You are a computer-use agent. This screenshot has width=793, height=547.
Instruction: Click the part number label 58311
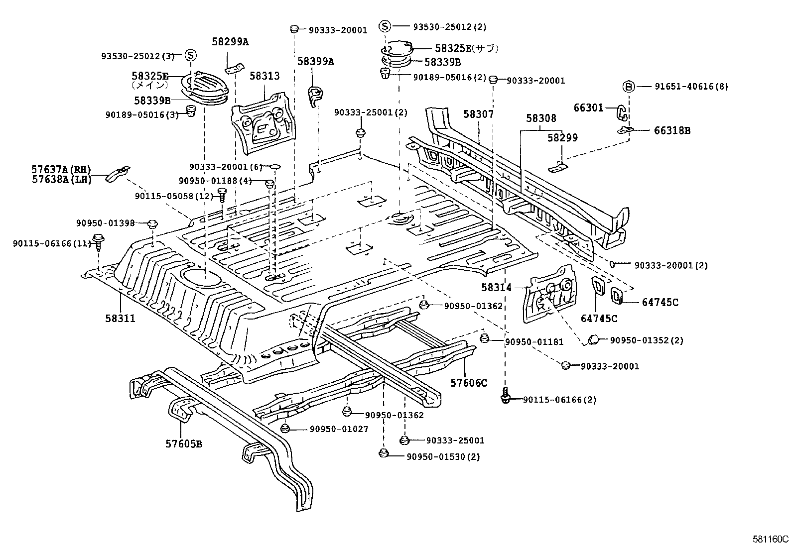[x=120, y=318]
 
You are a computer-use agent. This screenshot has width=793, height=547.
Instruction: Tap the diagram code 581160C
[x=771, y=539]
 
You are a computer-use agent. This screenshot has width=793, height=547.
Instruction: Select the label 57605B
[x=184, y=443]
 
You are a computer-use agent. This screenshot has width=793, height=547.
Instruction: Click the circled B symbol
[x=629, y=87]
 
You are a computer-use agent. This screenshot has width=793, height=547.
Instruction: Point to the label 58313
[x=264, y=76]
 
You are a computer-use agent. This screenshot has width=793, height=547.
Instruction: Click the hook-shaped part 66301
[x=622, y=112]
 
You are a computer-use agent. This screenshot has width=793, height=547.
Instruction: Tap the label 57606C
[x=469, y=383]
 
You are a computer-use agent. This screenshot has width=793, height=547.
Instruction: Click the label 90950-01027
[x=339, y=429]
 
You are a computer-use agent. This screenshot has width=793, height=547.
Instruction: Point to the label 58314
[x=496, y=287]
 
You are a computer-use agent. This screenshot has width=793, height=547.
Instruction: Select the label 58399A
[x=316, y=62]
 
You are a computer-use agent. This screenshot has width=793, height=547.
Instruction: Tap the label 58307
[x=479, y=114]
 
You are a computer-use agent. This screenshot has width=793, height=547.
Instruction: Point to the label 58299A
[x=230, y=42]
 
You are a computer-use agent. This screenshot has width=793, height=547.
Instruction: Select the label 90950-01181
[x=534, y=341]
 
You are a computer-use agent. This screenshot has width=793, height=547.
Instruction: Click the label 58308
[x=541, y=118]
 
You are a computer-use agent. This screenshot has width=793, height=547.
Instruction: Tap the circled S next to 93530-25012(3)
[x=191, y=55]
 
